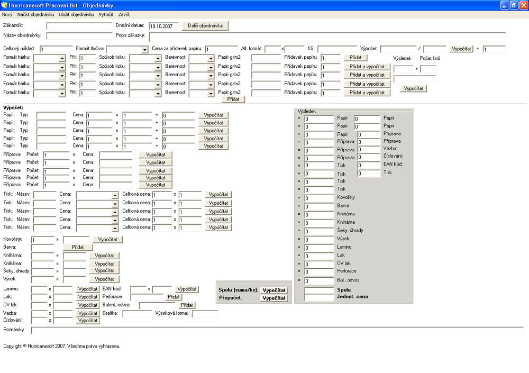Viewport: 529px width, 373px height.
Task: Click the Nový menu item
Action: pyautogui.click(x=7, y=14)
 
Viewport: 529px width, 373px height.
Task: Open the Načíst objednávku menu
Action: pyautogui.click(x=35, y=14)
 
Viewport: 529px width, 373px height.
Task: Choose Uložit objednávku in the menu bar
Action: pyautogui.click(x=76, y=14)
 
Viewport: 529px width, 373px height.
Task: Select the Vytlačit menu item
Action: pyautogui.click(x=106, y=14)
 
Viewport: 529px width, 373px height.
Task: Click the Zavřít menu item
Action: pyautogui.click(x=124, y=14)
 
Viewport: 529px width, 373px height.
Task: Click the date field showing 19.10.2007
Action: pyautogui.click(x=163, y=26)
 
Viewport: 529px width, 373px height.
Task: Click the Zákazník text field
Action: pyautogui.click(x=79, y=26)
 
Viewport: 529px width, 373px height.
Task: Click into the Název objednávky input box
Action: pyautogui.click(x=79, y=36)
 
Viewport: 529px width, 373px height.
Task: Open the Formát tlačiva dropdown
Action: pyautogui.click(x=127, y=49)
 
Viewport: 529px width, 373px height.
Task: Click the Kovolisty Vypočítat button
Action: pyautogui.click(x=107, y=239)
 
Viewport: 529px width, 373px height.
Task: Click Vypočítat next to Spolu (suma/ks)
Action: pyautogui.click(x=274, y=290)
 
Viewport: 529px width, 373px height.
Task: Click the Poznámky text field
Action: pyautogui.click(x=277, y=330)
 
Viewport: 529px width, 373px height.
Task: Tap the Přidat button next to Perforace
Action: pyautogui.click(x=174, y=297)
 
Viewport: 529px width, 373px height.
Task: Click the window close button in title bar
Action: pyautogui.click(x=523, y=5)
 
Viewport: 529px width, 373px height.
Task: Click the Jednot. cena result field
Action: pyautogui.click(x=319, y=297)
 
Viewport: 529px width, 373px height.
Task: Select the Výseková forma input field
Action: pyautogui.click(x=205, y=314)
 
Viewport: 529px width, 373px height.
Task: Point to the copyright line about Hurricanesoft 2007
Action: pyautogui.click(x=61, y=346)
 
